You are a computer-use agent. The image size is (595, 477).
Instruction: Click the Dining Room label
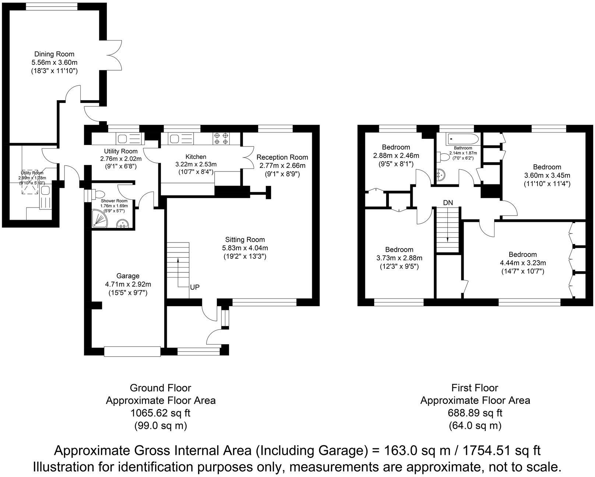[54, 54]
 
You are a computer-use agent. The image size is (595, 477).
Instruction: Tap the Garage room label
[128, 276]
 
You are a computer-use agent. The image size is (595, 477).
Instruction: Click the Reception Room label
[282, 157]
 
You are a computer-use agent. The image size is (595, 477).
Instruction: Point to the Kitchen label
[196, 157]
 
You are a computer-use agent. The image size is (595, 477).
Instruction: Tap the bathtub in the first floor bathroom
[462, 139]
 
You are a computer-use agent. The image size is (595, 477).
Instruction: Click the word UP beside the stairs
[195, 287]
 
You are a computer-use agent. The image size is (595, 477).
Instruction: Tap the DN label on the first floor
[448, 202]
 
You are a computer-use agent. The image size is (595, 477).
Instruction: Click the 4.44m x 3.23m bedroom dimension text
[522, 263]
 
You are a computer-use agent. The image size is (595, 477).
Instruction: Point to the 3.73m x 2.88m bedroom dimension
[399, 258]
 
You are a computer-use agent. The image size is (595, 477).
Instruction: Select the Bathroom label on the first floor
[463, 148]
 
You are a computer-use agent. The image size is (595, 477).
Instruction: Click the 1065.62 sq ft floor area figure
[161, 413]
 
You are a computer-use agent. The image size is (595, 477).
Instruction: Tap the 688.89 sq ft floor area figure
[475, 413]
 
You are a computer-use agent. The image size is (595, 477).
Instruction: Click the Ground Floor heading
[161, 388]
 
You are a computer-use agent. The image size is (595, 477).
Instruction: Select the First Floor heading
[475, 388]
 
